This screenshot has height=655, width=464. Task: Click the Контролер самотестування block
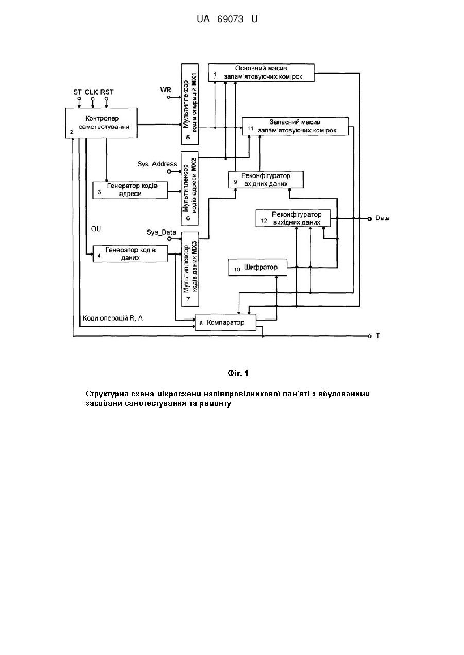(x=101, y=123)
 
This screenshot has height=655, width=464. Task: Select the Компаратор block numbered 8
(x=226, y=322)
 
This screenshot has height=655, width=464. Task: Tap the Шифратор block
(x=257, y=267)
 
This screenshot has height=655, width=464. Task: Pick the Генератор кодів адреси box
(x=130, y=190)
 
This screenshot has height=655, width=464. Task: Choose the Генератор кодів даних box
(x=130, y=254)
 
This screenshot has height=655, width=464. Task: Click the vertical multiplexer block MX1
(x=190, y=104)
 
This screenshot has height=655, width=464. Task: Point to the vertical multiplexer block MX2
(x=190, y=188)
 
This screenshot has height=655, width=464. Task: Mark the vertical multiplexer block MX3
(x=190, y=269)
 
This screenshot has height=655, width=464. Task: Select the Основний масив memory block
(x=261, y=73)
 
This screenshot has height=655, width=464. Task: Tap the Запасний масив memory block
(x=295, y=127)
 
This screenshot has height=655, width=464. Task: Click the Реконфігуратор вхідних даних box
(x=266, y=180)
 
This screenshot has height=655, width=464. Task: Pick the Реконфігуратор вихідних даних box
(x=293, y=218)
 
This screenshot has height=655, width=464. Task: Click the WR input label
(x=166, y=90)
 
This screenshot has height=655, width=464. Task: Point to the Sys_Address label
(x=157, y=164)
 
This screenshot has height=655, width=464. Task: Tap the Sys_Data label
(x=161, y=232)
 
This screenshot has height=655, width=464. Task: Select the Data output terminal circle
(x=369, y=219)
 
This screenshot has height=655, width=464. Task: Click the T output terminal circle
(x=370, y=337)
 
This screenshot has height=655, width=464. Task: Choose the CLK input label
(x=91, y=92)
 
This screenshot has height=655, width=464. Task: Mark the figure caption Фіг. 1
(x=238, y=373)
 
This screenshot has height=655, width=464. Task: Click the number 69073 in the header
(x=230, y=20)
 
